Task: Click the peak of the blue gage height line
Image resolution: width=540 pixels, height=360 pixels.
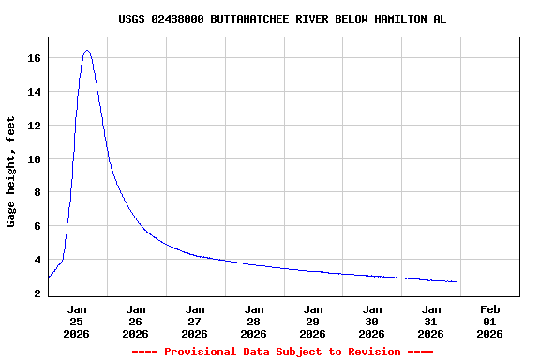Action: pos(87,51)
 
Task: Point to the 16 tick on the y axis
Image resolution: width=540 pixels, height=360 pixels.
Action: pos(34,58)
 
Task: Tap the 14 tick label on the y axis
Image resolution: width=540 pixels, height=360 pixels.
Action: pos(34,92)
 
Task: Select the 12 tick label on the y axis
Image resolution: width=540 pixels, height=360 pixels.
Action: pos(34,126)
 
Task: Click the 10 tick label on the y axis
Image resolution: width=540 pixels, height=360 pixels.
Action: pos(34,159)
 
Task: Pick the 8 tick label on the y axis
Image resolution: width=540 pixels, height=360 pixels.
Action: pos(37,192)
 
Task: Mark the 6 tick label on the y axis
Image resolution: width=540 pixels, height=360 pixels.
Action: pos(37,226)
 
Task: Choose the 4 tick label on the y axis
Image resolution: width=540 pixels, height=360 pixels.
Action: pos(37,260)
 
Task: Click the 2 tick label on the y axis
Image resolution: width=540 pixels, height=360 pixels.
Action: pos(37,293)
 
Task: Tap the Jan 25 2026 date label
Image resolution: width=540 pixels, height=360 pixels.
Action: pos(77,321)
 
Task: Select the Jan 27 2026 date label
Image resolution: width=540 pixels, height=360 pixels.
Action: pos(195,321)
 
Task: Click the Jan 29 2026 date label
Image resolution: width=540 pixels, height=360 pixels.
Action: pos(313,321)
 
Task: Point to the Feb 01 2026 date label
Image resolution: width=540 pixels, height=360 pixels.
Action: pos(489,321)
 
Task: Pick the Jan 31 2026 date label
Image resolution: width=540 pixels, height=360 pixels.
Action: pos(431,321)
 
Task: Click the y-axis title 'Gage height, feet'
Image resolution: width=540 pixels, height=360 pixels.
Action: pos(11,172)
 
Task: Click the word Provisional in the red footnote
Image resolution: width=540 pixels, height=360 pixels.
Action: pos(200,352)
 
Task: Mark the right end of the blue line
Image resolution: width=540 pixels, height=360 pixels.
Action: pos(457,281)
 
